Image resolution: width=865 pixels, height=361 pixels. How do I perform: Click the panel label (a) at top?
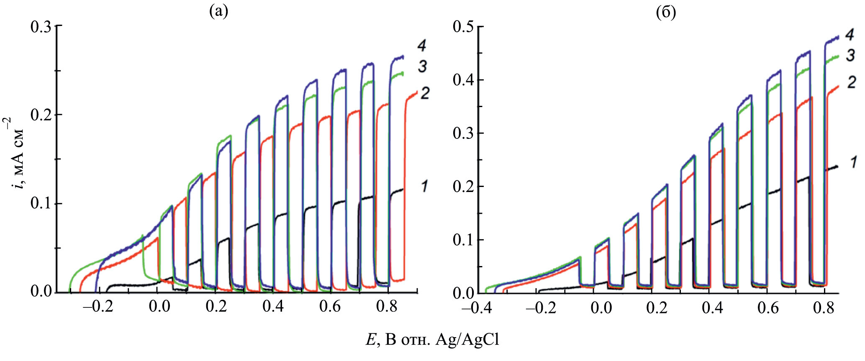[x=218, y=12]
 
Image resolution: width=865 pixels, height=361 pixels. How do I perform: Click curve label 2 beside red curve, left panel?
[x=424, y=93]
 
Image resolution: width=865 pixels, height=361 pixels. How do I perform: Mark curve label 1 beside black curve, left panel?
[x=424, y=186]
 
